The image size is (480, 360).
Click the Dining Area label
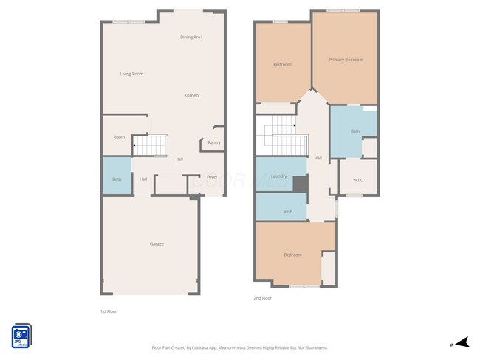[191, 37]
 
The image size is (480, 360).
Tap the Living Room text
[132, 74]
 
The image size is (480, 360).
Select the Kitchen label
[191, 95]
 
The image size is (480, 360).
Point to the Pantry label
[214, 142]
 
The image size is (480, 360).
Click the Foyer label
[212, 177]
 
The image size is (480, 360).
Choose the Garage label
[157, 244]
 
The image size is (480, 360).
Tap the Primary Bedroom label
[346, 60]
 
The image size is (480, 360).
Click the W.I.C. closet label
[358, 179]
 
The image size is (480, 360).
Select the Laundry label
[278, 176]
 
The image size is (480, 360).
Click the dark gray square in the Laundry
[300, 184]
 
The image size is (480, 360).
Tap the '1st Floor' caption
[109, 311]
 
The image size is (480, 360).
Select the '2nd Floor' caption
[262, 298]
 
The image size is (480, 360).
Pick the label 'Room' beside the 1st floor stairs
[119, 137]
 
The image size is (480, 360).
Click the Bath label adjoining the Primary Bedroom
[355, 131]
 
